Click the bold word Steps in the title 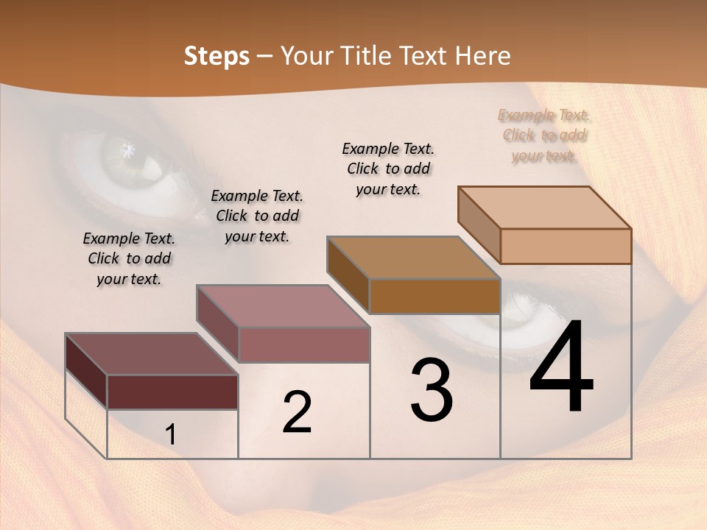pos(217,56)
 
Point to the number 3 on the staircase pos(432,390)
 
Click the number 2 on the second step pos(297,412)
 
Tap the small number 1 pos(170,434)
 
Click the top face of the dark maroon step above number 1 pos(151,354)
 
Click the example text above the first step pos(129,258)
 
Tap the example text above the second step pos(257,216)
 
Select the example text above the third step pos(388,169)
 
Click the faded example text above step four pos(544,135)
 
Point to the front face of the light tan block pos(566,246)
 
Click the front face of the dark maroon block pos(172,392)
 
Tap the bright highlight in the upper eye pos(130,150)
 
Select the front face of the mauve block pos(303,344)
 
